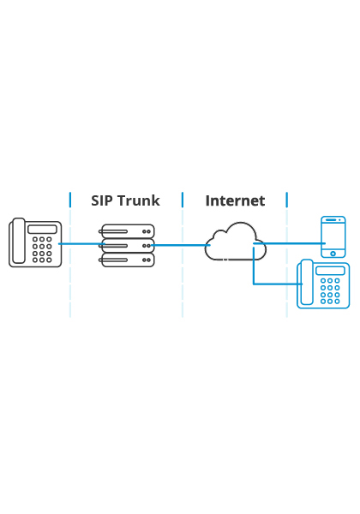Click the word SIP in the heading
tap(102, 200)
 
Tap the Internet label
tap(235, 200)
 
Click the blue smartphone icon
tap(333, 236)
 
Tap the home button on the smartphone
tap(333, 254)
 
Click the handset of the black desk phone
tap(19, 241)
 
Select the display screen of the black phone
tap(42, 229)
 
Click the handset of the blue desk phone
tap(307, 282)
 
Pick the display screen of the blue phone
tap(331, 271)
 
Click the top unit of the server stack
tap(127, 231)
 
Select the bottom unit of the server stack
tap(127, 260)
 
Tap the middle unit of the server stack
tap(127, 246)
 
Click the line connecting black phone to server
tap(81, 244)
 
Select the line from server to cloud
tap(181, 245)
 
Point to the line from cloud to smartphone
tap(289, 243)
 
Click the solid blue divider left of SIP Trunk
tap(70, 200)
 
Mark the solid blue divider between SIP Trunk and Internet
tap(183, 200)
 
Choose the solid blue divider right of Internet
tap(287, 200)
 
